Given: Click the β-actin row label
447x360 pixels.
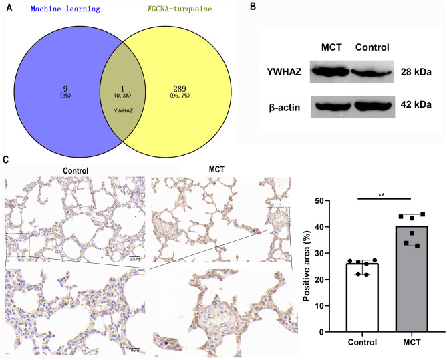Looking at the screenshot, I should click(283, 105).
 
